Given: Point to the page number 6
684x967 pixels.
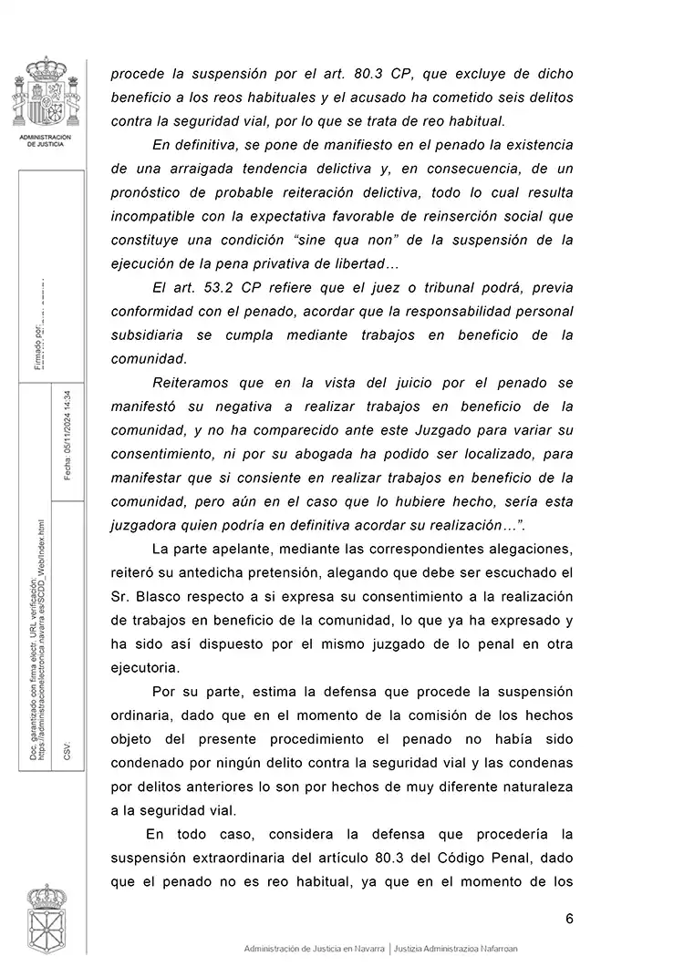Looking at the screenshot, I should tap(569, 918).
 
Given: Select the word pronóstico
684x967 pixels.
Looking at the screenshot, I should tap(149, 192).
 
